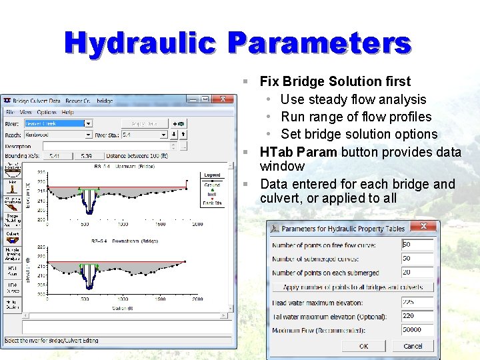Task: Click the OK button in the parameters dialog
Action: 363,346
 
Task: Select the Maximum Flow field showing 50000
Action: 417,330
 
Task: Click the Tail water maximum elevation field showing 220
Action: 417,316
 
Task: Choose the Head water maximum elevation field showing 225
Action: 417,302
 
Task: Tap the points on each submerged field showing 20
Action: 417,273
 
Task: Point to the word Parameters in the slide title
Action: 319,43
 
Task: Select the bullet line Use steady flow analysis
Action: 353,99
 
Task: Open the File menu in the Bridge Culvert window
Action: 11,112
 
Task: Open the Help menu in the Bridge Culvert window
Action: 68,112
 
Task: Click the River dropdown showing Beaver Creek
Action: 58,123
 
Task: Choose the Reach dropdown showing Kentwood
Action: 58,135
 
